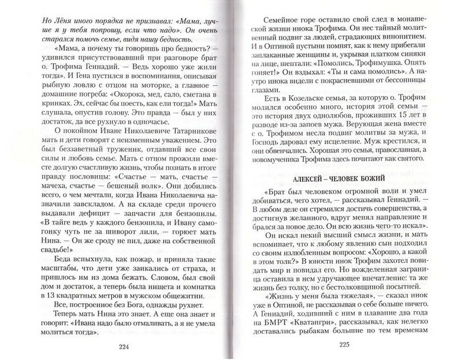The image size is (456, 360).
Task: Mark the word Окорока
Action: pyautogui.click(x=138, y=97)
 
